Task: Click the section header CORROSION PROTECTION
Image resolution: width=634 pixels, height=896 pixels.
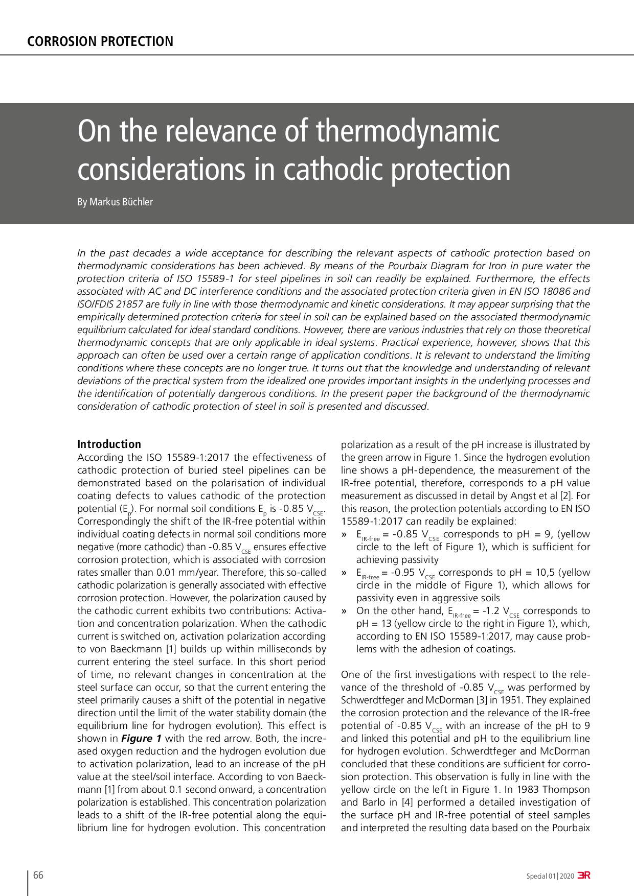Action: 100,41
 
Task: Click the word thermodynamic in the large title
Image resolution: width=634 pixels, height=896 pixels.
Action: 407,131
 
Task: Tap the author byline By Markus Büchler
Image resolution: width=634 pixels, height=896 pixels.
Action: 115,202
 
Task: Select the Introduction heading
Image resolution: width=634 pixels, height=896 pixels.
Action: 109,444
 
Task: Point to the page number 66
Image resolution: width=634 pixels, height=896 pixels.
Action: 38,875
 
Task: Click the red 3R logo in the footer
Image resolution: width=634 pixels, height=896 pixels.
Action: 583,875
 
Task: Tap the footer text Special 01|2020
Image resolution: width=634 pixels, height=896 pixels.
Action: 550,876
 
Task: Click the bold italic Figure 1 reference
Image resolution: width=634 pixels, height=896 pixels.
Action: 142,738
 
